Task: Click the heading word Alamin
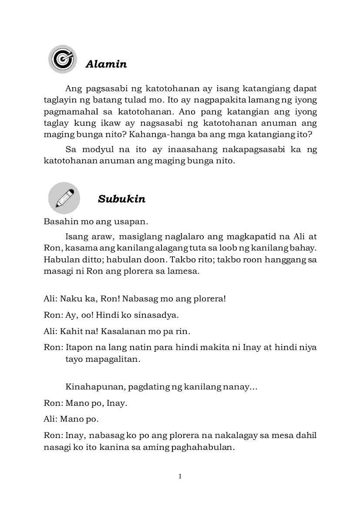point(106,64)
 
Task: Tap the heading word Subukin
point(121,199)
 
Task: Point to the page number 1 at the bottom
point(180,476)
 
